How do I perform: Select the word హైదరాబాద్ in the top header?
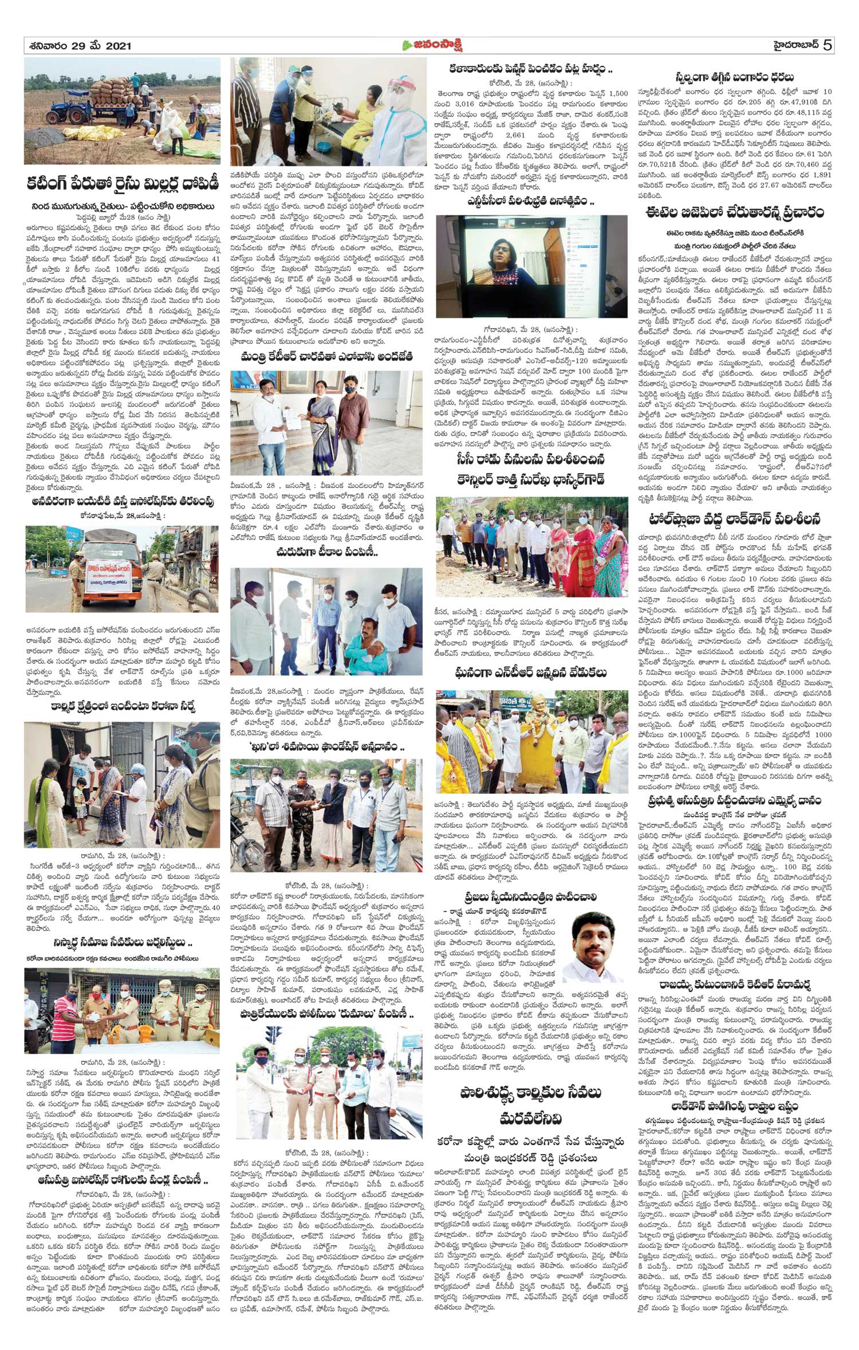(x=791, y=45)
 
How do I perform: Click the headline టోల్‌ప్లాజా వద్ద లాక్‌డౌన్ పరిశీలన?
(x=734, y=519)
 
